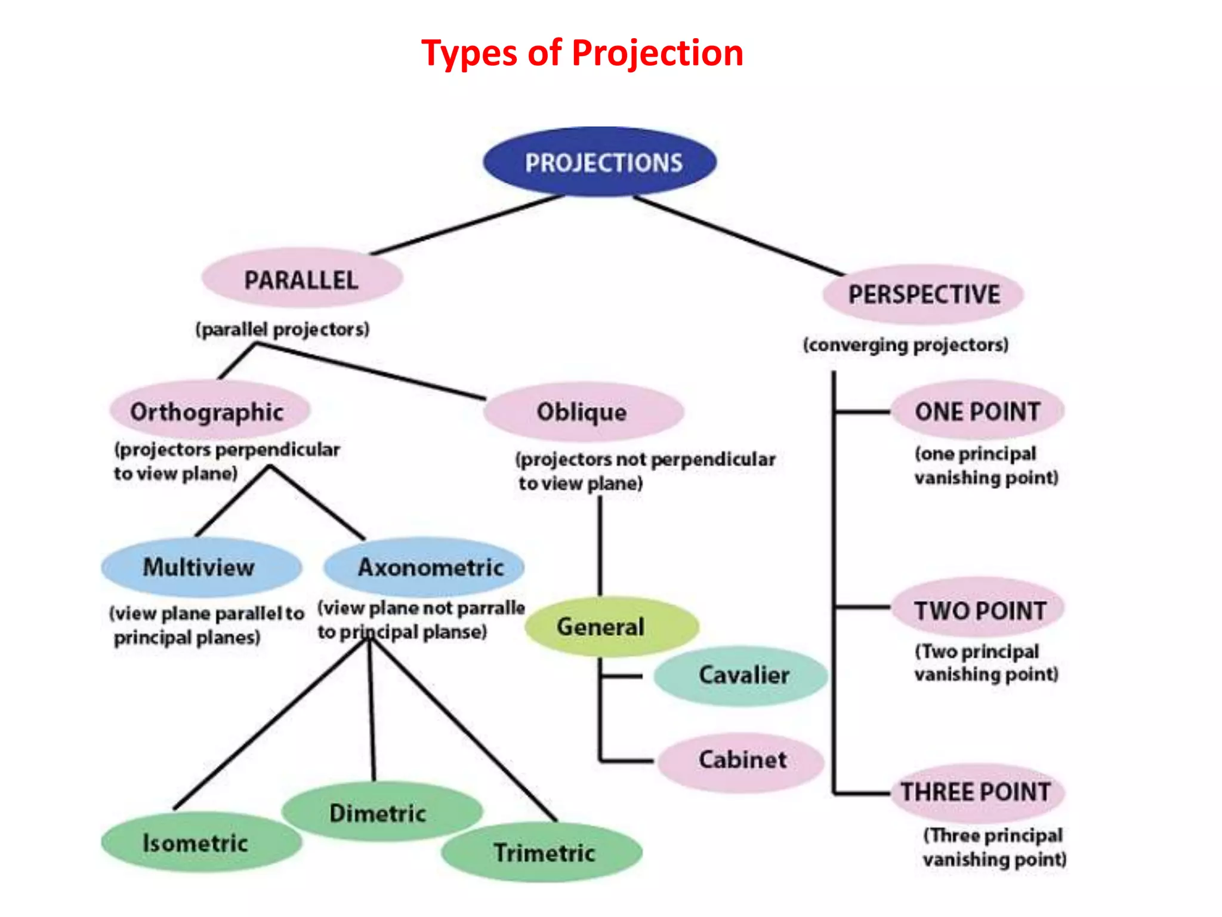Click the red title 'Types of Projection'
582,53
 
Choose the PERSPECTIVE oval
923,294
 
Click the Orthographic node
209,411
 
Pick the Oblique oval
583,412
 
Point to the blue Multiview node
200,567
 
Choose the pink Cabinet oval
742,761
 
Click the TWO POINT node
980,610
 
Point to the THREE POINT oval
977,792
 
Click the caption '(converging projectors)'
905,345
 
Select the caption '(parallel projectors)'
282,330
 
